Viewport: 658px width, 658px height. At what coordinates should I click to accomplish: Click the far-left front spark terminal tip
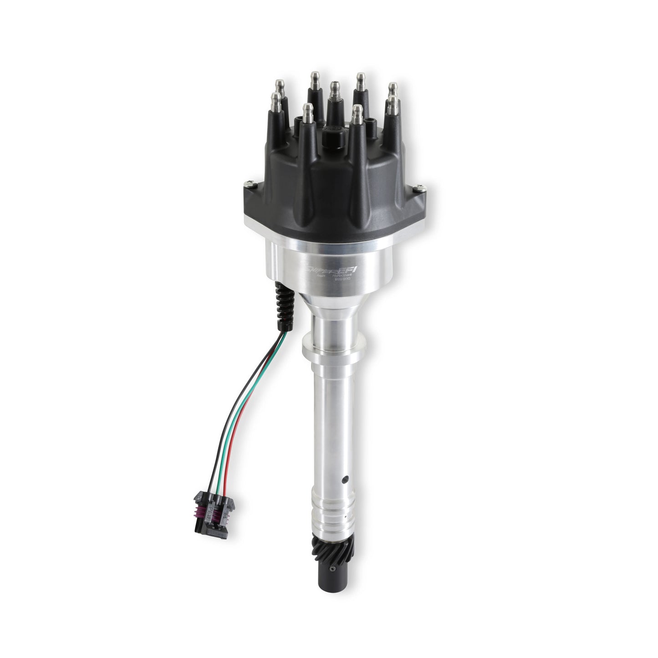click(275, 100)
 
